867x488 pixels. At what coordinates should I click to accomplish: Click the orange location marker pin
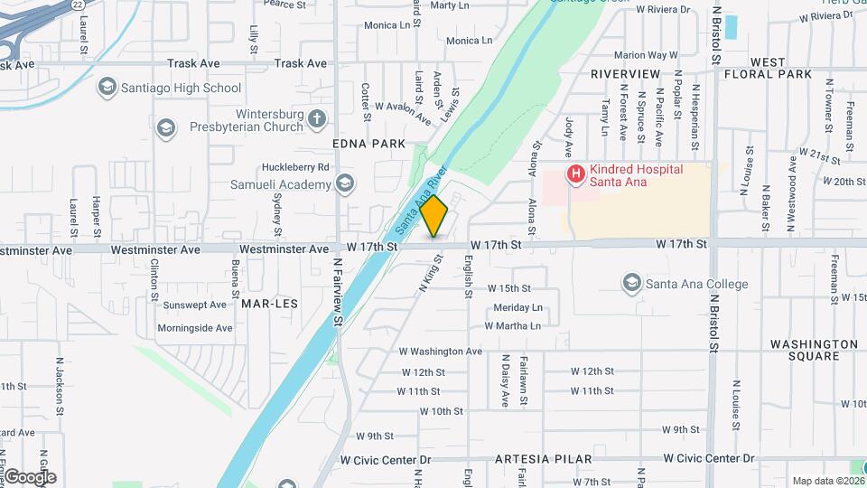click(x=434, y=216)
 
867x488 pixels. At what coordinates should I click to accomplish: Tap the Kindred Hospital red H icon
click(x=574, y=173)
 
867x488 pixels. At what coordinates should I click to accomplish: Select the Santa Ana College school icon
click(x=632, y=284)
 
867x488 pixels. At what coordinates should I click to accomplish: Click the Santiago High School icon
click(x=107, y=88)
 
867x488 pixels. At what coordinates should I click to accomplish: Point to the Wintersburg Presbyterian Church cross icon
click(x=316, y=118)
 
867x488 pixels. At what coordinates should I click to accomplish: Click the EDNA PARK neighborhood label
click(x=368, y=144)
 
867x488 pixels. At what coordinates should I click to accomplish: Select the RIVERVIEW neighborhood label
click(x=625, y=74)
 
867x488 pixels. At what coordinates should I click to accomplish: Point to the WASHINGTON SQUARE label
click(x=814, y=350)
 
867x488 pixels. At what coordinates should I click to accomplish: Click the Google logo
click(x=30, y=476)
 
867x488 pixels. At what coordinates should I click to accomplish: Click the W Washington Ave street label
click(x=440, y=351)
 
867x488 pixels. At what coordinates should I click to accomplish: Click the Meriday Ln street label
click(x=517, y=307)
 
